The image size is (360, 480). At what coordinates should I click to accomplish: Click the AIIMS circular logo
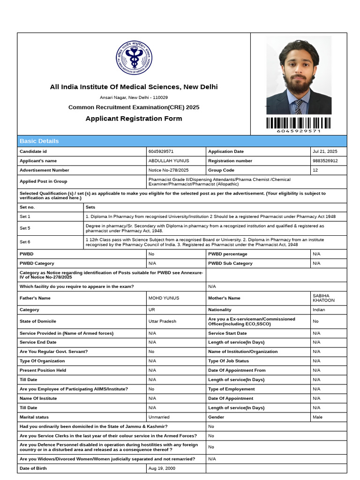click(134, 58)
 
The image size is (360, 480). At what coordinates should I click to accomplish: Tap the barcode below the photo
click(299, 123)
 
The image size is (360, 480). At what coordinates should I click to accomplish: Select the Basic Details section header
click(39, 141)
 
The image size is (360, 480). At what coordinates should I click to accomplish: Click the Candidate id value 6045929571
click(161, 152)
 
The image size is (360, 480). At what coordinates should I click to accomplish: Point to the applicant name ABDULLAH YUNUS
click(169, 161)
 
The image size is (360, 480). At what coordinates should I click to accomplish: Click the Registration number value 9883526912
click(325, 161)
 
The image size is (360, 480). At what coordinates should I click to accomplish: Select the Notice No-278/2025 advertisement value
click(168, 170)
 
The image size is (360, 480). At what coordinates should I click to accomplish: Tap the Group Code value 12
click(315, 170)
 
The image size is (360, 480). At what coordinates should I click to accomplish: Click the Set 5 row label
click(25, 228)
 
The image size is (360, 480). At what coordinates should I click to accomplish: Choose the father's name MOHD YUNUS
click(164, 298)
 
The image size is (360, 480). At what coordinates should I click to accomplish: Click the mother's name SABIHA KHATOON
click(323, 298)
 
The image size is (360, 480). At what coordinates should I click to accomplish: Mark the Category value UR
click(152, 310)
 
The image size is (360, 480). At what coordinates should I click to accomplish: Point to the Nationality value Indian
click(319, 310)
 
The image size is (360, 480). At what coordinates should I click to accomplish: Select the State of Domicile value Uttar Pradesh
click(162, 322)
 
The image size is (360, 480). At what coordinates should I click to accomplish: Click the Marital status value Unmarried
click(159, 417)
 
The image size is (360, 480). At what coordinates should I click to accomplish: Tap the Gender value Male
click(317, 417)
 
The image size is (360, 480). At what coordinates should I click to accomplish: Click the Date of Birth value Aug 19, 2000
click(162, 468)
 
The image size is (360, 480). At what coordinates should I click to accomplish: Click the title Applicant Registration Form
click(134, 119)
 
